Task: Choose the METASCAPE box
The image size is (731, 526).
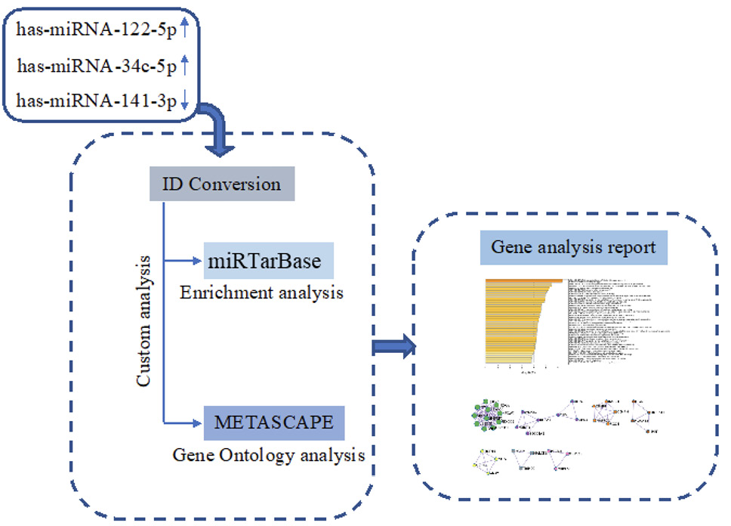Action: click(273, 422)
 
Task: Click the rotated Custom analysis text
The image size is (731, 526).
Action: click(145, 321)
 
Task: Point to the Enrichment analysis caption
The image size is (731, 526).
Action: click(261, 292)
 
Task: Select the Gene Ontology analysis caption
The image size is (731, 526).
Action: click(269, 455)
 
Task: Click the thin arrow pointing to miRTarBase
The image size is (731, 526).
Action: click(184, 261)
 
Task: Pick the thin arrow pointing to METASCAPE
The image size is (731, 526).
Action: click(184, 422)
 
